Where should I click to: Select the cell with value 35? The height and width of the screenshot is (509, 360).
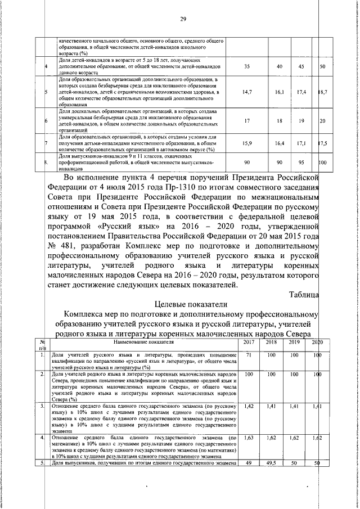click(247, 67)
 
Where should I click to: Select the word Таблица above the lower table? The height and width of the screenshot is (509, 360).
click(304, 294)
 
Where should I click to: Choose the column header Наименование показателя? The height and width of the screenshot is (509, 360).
click(143, 342)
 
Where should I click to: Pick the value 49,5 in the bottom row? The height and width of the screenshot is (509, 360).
click(271, 463)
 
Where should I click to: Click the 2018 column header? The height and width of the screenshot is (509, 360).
click(271, 342)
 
